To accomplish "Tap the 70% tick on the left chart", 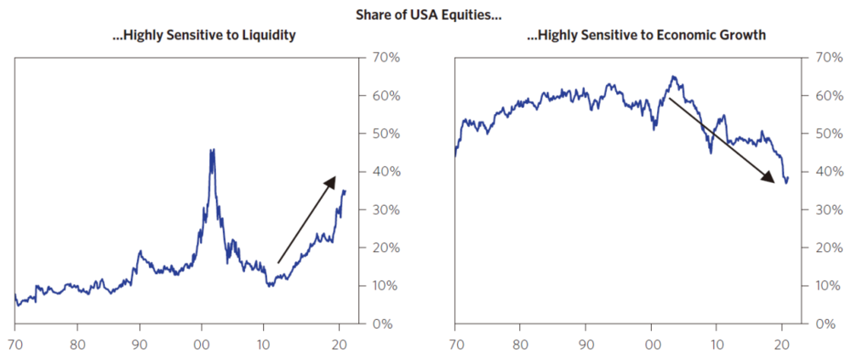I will (x=379, y=58).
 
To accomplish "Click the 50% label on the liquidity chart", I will (x=379, y=134).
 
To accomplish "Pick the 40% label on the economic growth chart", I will (x=819, y=172).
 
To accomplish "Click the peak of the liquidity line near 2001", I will (x=211, y=150).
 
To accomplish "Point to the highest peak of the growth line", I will (x=673, y=77).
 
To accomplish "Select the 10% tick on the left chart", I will (x=379, y=286).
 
